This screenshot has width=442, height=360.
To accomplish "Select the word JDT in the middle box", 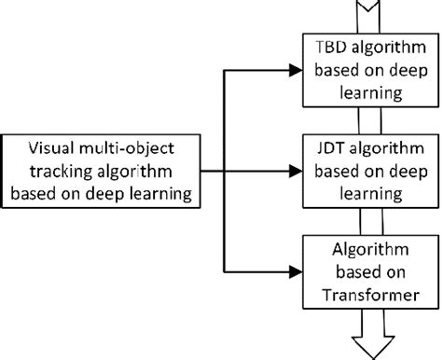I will coord(325,151).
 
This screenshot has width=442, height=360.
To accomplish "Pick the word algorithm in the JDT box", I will coord(380,151).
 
